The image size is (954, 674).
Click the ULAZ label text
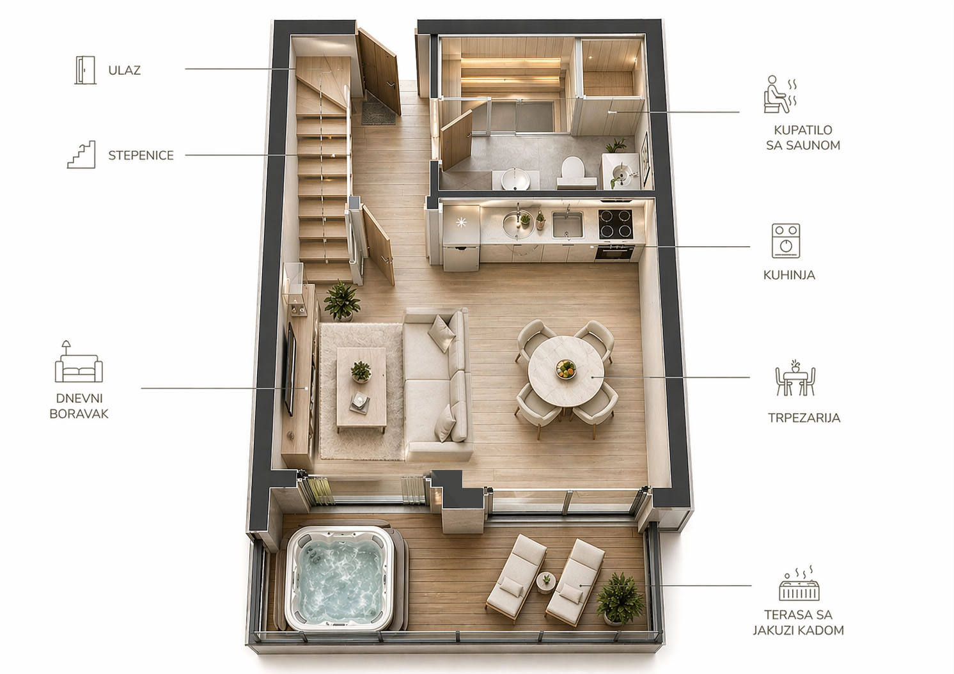(x=124, y=70)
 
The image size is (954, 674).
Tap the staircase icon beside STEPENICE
(x=81, y=154)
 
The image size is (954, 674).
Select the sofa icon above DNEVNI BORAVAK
(x=79, y=361)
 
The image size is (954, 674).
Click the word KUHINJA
(x=789, y=275)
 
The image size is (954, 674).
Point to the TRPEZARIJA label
(x=804, y=418)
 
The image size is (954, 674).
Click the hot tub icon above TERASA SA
(x=799, y=583)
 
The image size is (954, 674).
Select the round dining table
(x=566, y=371)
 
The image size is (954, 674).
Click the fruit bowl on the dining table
(x=566, y=368)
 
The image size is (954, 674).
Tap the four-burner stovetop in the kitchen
(x=615, y=224)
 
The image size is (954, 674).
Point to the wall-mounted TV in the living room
(x=290, y=369)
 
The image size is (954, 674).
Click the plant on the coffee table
(x=361, y=372)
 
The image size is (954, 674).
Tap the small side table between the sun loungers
(x=546, y=583)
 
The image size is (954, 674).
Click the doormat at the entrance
(x=378, y=109)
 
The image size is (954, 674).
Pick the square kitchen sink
(x=567, y=224)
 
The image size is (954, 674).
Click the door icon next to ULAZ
(x=85, y=70)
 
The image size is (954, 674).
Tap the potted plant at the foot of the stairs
(x=341, y=301)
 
